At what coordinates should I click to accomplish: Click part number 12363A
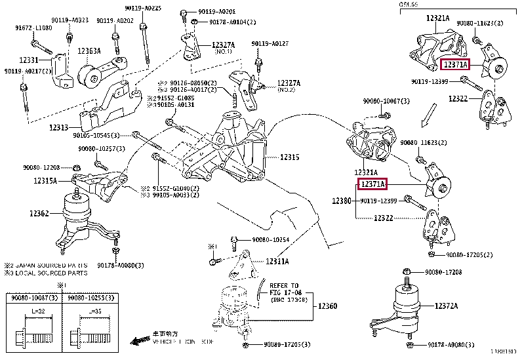[x=89, y=51]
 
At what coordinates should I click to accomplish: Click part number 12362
[x=40, y=213]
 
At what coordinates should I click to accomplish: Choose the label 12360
[x=328, y=306]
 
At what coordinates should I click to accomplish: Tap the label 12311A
[x=277, y=262]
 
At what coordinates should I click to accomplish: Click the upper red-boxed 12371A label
[x=455, y=65]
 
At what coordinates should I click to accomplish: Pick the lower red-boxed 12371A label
[x=372, y=186]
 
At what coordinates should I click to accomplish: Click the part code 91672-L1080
[x=33, y=29]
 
